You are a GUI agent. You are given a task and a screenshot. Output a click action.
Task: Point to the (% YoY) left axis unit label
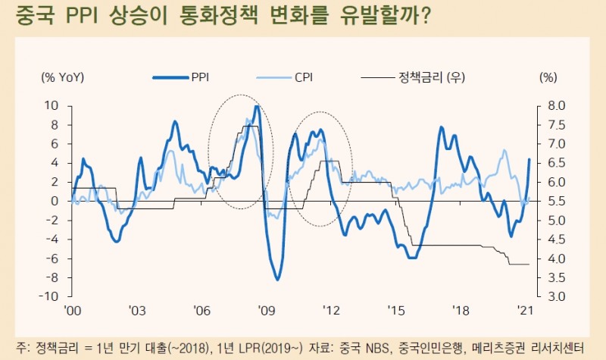tap(63, 77)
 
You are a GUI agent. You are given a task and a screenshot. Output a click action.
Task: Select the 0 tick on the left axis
tap(54, 201)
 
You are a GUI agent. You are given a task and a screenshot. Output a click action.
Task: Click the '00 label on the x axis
tap(73, 311)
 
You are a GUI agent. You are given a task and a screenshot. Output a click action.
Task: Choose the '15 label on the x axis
tap(395, 311)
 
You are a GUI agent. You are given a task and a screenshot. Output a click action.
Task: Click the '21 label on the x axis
tap(524, 311)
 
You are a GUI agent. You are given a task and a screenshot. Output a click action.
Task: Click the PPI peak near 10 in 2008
tap(257, 106)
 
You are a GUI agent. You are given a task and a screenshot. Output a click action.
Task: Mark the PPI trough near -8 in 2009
tap(277, 280)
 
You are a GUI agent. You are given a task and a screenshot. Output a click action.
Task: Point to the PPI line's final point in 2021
tap(529, 159)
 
